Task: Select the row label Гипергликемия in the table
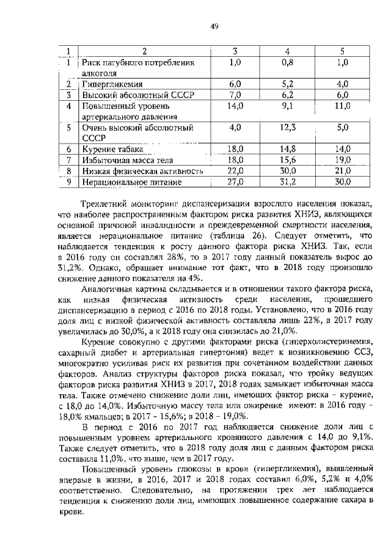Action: coord(109,84)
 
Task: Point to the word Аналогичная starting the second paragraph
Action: coord(107,288)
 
